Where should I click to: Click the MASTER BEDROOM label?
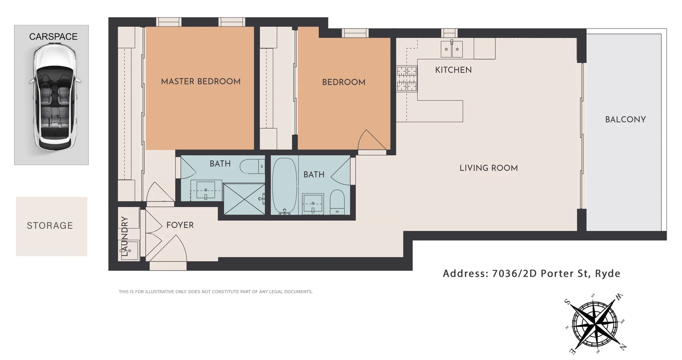(x=201, y=81)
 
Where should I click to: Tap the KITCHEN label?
(x=453, y=70)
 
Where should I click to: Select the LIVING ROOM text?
(x=488, y=168)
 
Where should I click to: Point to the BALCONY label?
(x=625, y=119)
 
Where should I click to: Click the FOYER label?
(x=180, y=225)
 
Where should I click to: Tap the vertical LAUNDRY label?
(x=124, y=236)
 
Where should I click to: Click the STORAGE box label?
(x=50, y=226)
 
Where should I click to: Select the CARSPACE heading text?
(x=53, y=37)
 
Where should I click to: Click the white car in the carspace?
(x=54, y=96)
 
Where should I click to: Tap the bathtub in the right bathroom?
(x=285, y=186)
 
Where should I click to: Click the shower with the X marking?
(x=244, y=199)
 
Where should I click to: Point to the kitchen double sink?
(x=451, y=49)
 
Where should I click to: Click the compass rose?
(x=596, y=324)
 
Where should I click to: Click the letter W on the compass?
(x=619, y=296)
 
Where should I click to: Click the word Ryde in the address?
(x=607, y=274)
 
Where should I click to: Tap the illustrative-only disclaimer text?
(x=216, y=292)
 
